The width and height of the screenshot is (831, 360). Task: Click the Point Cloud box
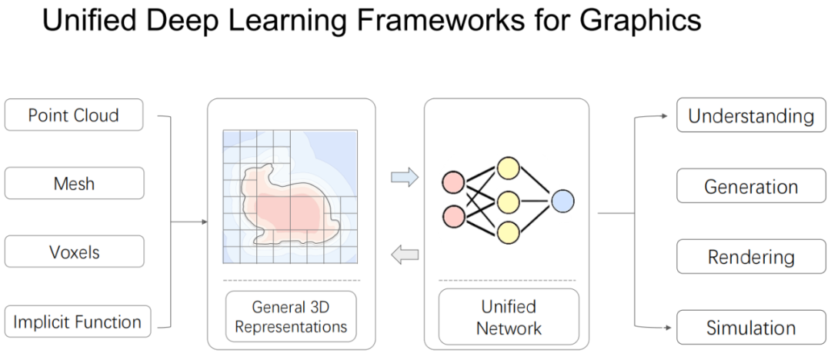(x=74, y=115)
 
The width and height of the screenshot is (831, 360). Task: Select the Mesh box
(x=74, y=184)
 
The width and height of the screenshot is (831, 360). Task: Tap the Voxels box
(x=74, y=252)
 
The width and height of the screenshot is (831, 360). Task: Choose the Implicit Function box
(x=77, y=322)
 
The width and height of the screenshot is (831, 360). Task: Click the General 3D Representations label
(x=291, y=316)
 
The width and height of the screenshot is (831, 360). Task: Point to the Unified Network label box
(x=509, y=317)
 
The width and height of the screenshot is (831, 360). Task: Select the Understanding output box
(x=750, y=116)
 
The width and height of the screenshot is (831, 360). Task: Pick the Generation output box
(x=750, y=187)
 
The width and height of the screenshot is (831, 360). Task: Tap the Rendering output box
(x=750, y=257)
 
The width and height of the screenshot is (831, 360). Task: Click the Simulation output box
(x=750, y=328)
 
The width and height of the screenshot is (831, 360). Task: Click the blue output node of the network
(x=562, y=201)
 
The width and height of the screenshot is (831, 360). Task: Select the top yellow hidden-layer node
(x=508, y=168)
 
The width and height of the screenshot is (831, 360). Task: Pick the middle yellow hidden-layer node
(x=508, y=201)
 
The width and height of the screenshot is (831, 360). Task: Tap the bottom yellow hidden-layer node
(x=508, y=232)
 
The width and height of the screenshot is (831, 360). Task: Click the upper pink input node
(x=453, y=183)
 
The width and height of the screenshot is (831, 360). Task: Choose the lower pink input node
(x=453, y=216)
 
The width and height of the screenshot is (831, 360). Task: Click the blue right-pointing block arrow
(x=405, y=178)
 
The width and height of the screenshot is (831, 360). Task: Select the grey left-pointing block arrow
(x=405, y=255)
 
